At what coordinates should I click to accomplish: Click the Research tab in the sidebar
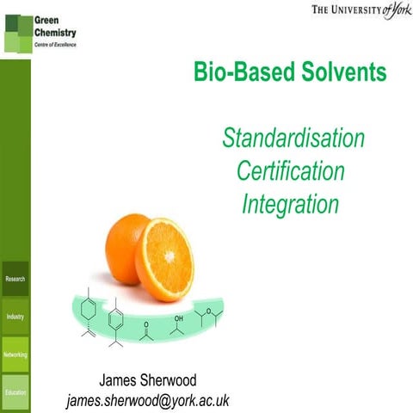pos(15,279)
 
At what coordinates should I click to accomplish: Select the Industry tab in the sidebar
pos(15,317)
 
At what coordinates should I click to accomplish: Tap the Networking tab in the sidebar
pos(15,354)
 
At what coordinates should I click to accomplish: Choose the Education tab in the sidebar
pos(15,392)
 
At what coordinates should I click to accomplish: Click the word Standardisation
pos(293,139)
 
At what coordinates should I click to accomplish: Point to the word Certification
pos(290,171)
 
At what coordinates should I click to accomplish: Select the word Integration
pos(290,204)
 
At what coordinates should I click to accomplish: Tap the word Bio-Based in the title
pos(238,73)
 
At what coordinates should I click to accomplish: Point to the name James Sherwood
pos(147,380)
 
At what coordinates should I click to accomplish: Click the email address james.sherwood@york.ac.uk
pos(147,400)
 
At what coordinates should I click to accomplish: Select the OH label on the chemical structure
pos(178,318)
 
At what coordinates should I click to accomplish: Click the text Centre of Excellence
pos(54,43)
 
